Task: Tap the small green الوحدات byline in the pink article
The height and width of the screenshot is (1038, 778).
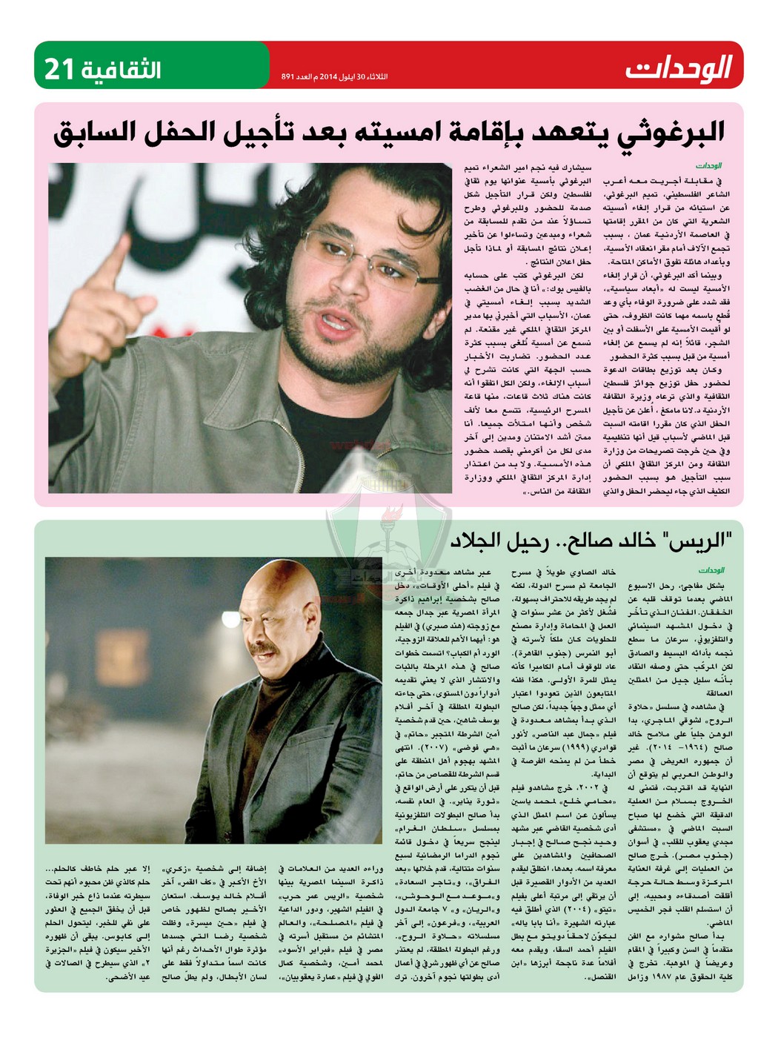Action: coord(708,166)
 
